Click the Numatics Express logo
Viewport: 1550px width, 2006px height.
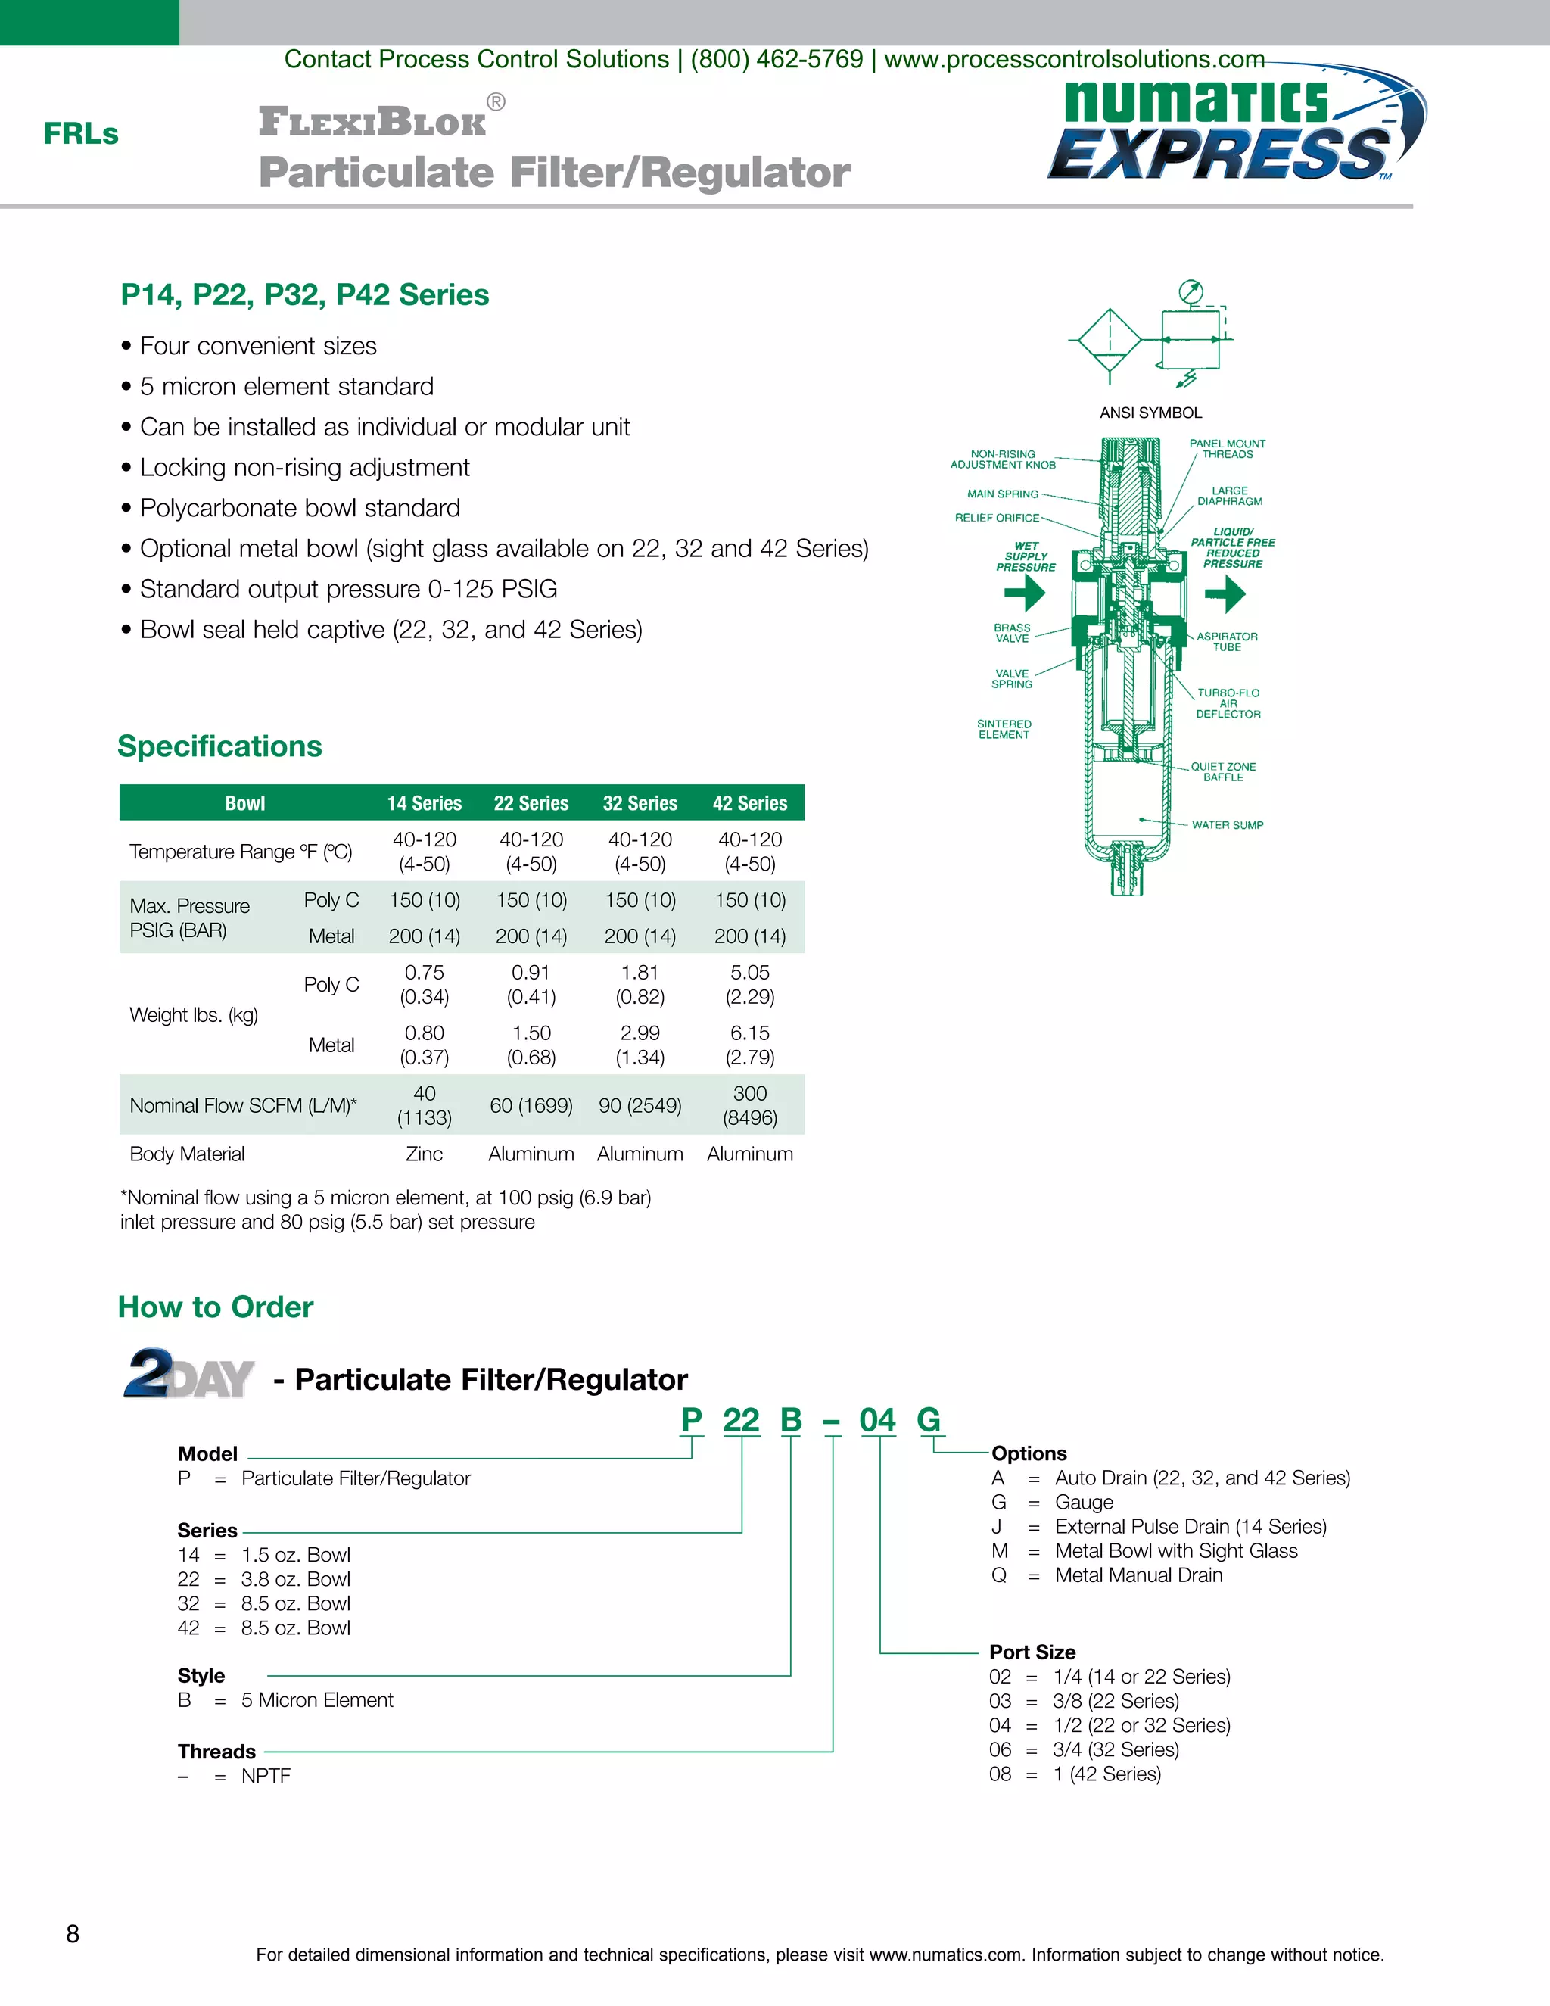(1235, 129)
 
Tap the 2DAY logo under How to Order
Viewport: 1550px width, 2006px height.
(189, 1374)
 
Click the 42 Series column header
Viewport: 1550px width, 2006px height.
(749, 802)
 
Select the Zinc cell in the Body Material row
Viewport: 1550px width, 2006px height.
(425, 1154)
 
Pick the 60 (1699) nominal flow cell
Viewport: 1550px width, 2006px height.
(531, 1105)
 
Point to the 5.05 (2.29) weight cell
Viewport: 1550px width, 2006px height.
(749, 984)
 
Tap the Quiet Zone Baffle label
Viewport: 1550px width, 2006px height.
(1223, 771)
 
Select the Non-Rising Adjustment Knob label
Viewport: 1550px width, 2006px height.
(1003, 459)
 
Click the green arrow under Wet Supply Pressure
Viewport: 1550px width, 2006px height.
(1026, 593)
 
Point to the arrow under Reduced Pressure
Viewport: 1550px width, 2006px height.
(1226, 593)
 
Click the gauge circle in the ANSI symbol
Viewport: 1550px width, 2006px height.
(1191, 292)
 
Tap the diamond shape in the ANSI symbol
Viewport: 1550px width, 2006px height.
(1110, 340)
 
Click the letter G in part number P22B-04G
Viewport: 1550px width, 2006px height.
(929, 1420)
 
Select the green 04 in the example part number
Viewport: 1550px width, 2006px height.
(877, 1420)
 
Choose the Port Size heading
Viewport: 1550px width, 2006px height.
(1032, 1652)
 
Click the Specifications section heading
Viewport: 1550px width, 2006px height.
(220, 746)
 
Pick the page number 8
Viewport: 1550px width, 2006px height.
(73, 1934)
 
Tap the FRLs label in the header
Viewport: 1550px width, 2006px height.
(81, 134)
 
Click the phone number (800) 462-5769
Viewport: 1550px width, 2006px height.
(777, 60)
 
